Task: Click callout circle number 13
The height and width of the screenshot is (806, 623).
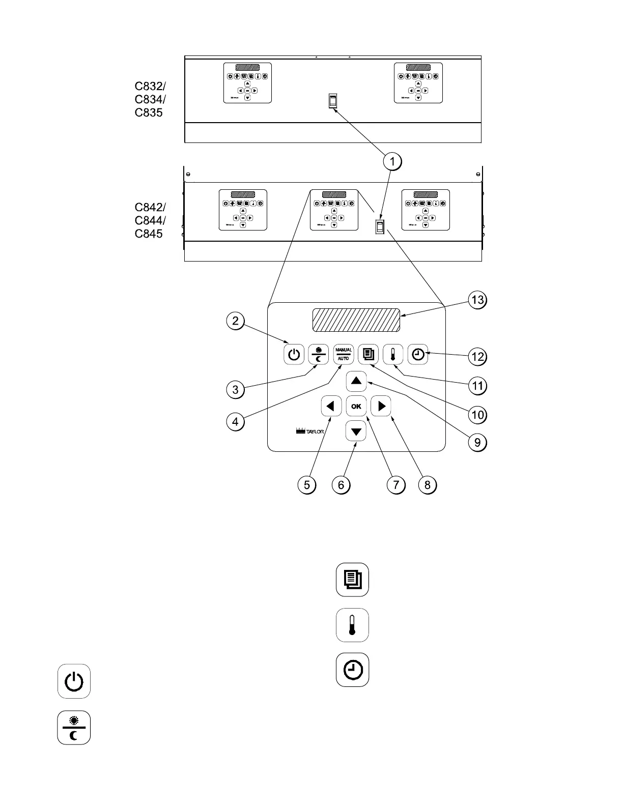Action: click(x=477, y=300)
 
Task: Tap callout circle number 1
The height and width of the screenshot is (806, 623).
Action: click(x=392, y=162)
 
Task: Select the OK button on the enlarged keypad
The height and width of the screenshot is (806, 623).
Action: click(x=356, y=406)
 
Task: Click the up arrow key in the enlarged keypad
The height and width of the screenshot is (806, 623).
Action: click(x=356, y=381)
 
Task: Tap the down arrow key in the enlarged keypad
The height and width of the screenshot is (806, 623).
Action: click(x=356, y=432)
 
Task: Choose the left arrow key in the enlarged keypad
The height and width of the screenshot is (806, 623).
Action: click(x=331, y=406)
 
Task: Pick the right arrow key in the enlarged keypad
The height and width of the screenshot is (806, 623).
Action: click(x=381, y=406)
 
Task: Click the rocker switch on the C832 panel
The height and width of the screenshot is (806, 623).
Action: click(x=333, y=101)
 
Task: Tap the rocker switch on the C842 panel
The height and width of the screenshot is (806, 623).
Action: click(x=380, y=225)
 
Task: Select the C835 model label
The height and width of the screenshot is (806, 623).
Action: click(x=149, y=112)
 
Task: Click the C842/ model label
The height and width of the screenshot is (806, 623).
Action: click(x=150, y=207)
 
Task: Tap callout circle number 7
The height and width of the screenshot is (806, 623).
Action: click(x=396, y=485)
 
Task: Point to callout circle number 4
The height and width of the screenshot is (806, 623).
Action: click(x=235, y=421)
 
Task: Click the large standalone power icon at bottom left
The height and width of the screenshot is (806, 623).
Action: click(x=74, y=681)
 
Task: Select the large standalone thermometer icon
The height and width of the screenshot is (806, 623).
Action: click(x=352, y=625)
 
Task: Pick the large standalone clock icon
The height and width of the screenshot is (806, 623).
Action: click(x=352, y=670)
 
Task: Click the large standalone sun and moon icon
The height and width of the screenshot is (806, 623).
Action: click(x=74, y=728)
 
